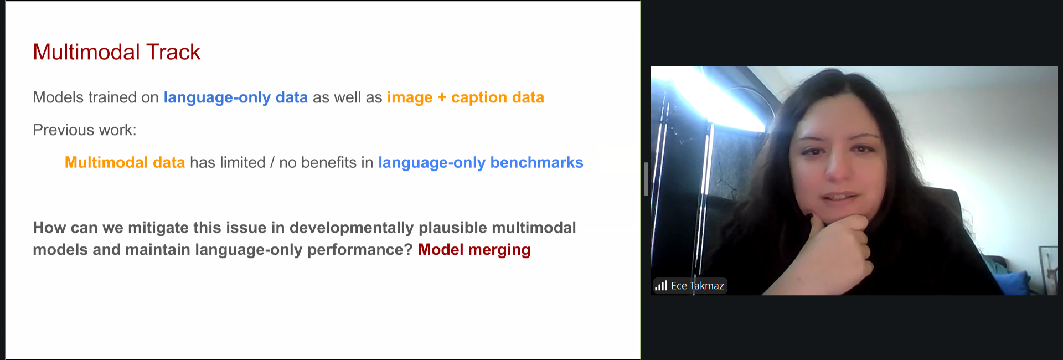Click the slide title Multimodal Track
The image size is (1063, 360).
click(x=116, y=52)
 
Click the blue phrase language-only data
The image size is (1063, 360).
click(x=235, y=97)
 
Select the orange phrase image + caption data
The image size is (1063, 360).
click(x=466, y=97)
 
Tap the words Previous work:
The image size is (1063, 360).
click(x=85, y=130)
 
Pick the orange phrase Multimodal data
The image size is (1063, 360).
click(x=125, y=162)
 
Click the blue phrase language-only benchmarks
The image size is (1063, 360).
click(x=481, y=163)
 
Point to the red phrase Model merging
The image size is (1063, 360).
click(x=474, y=250)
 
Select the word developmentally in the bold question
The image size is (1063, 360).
click(x=352, y=228)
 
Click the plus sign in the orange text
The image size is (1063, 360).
click(x=442, y=98)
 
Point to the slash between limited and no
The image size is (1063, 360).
click(x=272, y=163)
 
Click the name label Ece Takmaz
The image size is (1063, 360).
click(x=698, y=286)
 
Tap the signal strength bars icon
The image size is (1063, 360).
click(x=661, y=286)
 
